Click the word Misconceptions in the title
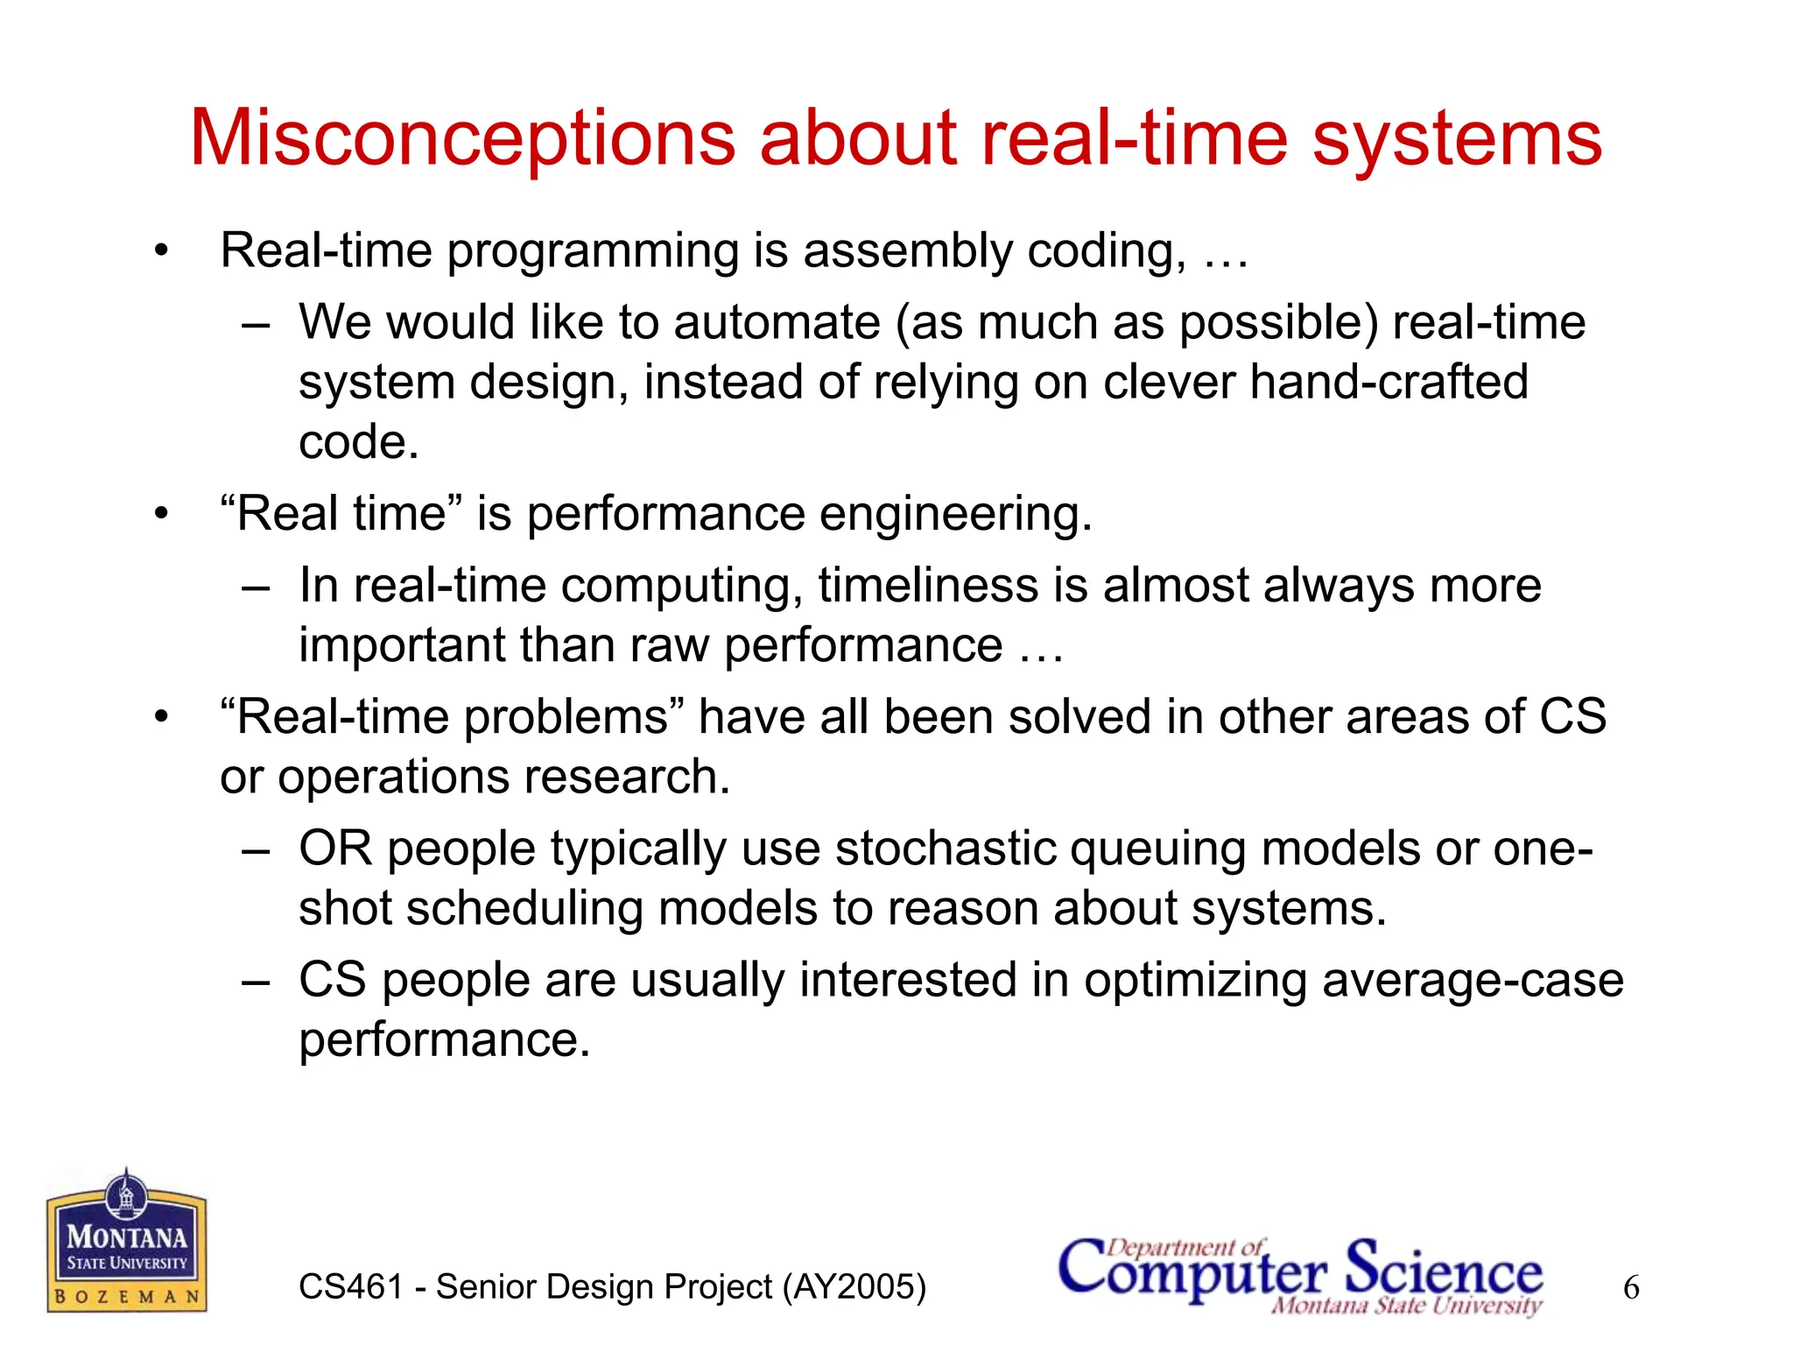coord(462,138)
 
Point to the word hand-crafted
coord(1389,383)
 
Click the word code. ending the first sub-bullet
coord(359,442)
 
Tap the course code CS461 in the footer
coord(350,1287)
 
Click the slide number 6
coord(1631,1288)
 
